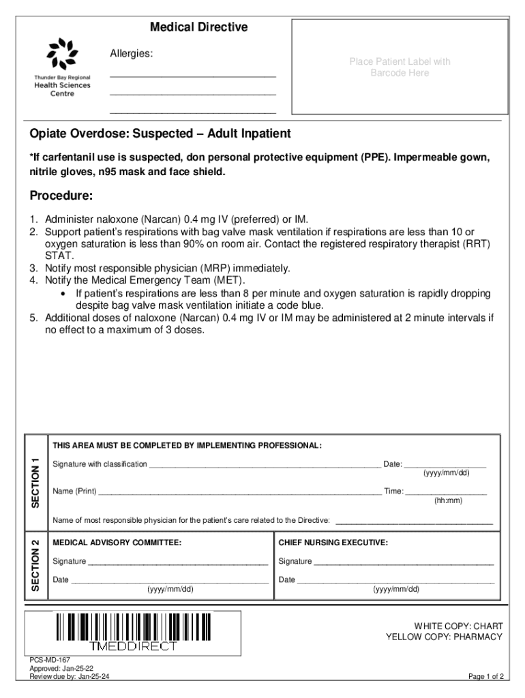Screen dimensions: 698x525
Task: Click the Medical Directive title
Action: [198, 28]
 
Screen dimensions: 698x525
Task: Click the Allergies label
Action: [132, 53]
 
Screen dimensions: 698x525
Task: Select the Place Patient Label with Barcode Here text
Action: [400, 67]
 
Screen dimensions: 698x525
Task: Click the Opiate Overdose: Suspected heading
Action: [160, 133]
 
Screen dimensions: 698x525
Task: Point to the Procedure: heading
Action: [61, 196]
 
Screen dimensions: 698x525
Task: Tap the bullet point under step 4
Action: [63, 294]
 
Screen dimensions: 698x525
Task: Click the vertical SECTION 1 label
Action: [35, 481]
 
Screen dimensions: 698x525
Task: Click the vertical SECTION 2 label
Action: [35, 565]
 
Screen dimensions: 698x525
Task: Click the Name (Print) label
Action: [74, 491]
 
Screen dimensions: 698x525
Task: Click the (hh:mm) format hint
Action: [448, 500]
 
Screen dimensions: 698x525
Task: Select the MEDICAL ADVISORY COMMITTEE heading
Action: [117, 543]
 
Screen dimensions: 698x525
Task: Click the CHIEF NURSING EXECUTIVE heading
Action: [333, 543]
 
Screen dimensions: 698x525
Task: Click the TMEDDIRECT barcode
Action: [133, 633]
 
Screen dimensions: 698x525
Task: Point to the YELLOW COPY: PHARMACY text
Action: [444, 637]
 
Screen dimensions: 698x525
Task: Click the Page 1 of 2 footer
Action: [485, 677]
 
